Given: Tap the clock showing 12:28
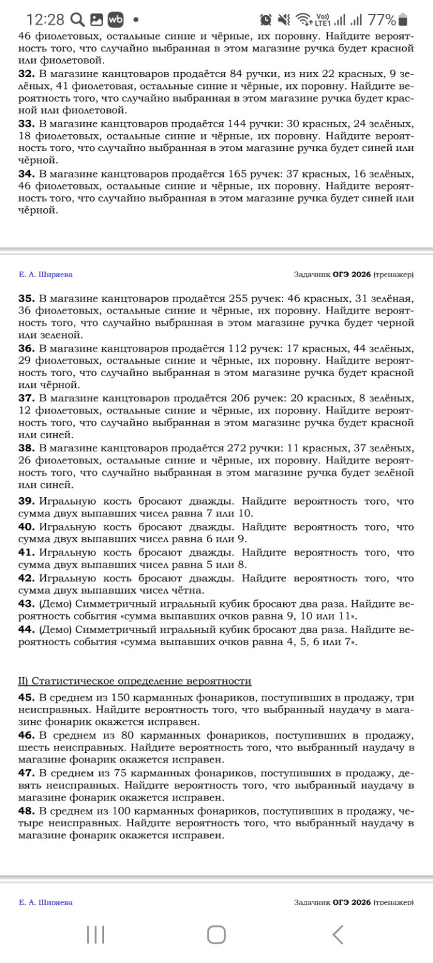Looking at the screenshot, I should tap(43, 19).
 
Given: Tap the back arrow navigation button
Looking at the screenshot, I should tap(338, 935).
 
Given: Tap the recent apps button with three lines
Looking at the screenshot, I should tap(95, 935).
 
